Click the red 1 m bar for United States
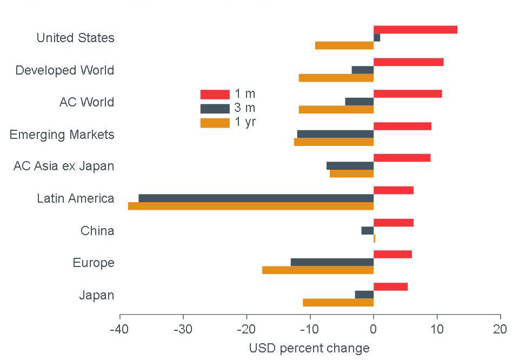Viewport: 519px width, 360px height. coord(415,30)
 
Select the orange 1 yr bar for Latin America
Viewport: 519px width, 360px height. coord(251,206)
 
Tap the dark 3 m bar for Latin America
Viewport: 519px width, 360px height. coord(256,198)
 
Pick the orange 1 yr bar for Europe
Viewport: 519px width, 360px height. coord(318,270)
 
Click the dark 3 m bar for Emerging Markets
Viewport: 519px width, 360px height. coord(335,134)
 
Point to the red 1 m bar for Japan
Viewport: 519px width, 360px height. coord(390,286)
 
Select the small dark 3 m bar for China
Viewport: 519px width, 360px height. coord(368,230)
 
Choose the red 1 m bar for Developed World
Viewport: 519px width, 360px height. coord(408,62)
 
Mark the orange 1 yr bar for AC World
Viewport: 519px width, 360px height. coord(336,110)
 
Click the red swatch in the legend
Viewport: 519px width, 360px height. coord(215,94)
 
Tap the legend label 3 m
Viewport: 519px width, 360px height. coord(245,108)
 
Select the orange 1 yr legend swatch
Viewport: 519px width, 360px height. coord(215,123)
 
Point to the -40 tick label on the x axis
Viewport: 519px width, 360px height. coord(119,329)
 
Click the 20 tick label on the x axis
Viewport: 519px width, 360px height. coord(500,329)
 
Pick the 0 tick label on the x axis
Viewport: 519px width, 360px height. coord(373,329)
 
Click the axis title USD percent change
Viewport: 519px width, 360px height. coord(309,348)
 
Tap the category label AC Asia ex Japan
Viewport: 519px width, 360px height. coord(64,166)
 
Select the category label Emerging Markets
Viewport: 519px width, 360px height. coord(62,134)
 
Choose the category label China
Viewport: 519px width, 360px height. coord(97,231)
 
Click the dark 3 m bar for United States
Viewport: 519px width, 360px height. coord(377,38)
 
